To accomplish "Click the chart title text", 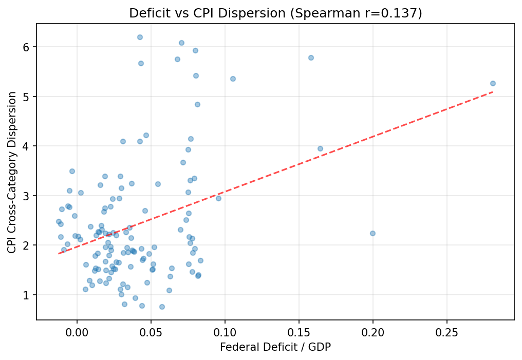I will pyautogui.click(x=275, y=13).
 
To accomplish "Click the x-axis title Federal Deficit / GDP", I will pyautogui.click(x=275, y=347).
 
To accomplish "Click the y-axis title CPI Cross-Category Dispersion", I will pyautogui.click(x=12, y=172).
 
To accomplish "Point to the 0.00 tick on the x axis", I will pyautogui.click(x=77, y=332).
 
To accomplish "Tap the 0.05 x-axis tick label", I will pyautogui.click(x=151, y=332).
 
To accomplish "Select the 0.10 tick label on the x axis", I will pyautogui.click(x=225, y=332).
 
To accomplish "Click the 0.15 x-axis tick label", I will pyautogui.click(x=299, y=332).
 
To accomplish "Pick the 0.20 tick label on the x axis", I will pyautogui.click(x=373, y=332).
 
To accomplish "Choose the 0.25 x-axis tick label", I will pyautogui.click(x=447, y=332).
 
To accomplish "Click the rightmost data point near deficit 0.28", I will pyautogui.click(x=493, y=83).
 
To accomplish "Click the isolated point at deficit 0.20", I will pyautogui.click(x=372, y=233).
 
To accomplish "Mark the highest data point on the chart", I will pyautogui.click(x=140, y=37).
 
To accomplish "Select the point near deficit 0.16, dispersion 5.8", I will pyautogui.click(x=311, y=58).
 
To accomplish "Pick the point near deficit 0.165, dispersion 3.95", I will pyautogui.click(x=320, y=148).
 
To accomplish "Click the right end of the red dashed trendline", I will pyautogui.click(x=493, y=92).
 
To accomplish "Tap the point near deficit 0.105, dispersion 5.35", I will pyautogui.click(x=233, y=79).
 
